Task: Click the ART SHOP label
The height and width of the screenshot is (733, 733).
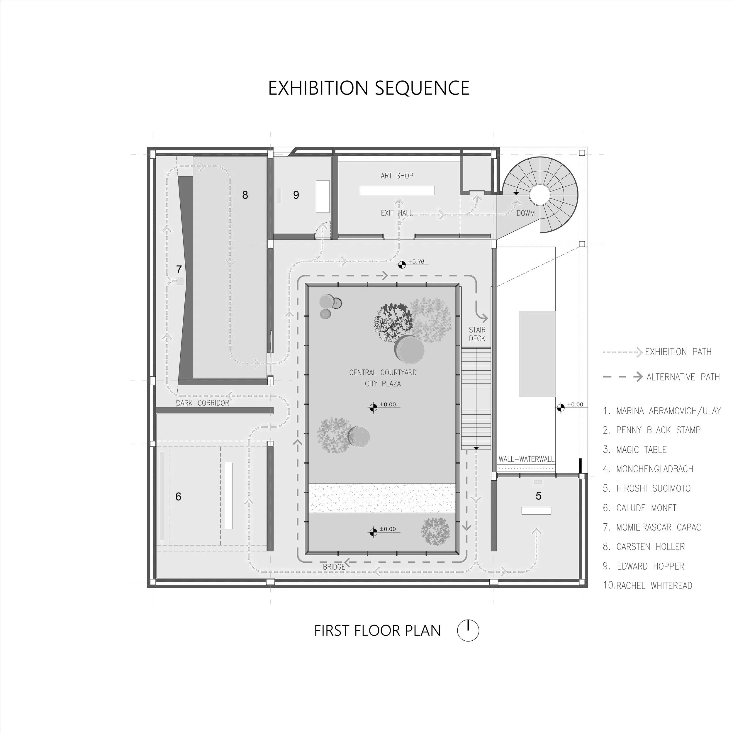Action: [397, 176]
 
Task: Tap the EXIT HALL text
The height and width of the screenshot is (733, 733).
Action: [396, 213]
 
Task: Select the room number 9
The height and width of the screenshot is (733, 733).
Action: [296, 195]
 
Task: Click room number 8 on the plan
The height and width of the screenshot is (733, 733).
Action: [245, 195]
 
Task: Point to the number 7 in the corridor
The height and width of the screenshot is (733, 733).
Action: [179, 269]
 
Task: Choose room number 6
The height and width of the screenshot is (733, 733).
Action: [178, 496]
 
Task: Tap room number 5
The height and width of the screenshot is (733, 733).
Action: [538, 496]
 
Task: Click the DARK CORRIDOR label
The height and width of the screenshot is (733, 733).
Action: [203, 403]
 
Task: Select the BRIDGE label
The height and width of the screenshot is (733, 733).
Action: [334, 566]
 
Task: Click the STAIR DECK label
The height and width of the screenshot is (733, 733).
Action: [477, 334]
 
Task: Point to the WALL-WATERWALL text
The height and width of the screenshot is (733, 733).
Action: [526, 459]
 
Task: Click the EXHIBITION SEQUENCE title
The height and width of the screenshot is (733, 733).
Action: [369, 88]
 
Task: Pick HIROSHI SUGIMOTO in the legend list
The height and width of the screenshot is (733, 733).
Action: [653, 488]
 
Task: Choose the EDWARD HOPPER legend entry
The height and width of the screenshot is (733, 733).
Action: [650, 566]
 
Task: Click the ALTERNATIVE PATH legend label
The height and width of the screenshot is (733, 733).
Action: [683, 377]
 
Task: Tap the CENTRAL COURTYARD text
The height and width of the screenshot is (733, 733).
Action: [383, 373]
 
